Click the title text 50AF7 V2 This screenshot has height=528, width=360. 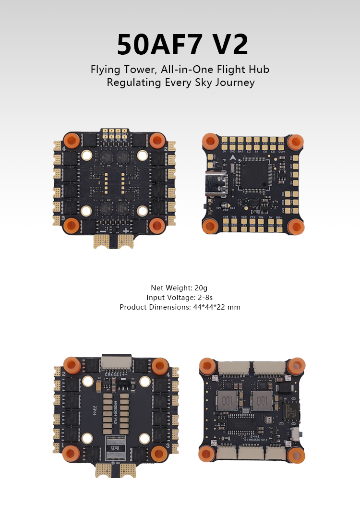(182, 45)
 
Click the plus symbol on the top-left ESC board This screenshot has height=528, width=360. (126, 230)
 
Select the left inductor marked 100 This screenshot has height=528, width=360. (227, 398)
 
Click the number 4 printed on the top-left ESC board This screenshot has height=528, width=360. (63, 149)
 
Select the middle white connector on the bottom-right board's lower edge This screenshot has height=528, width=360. (252, 453)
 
